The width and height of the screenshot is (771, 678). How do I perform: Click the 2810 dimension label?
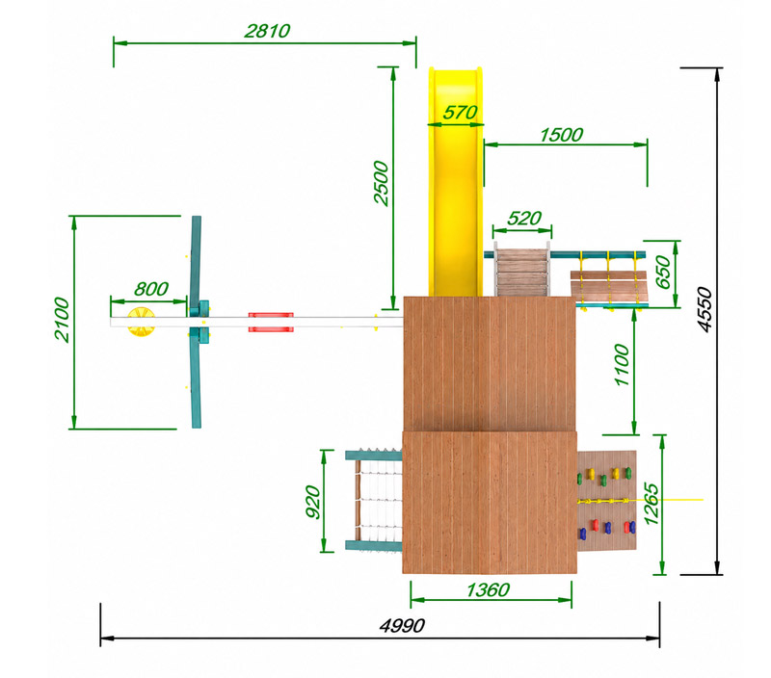(267, 31)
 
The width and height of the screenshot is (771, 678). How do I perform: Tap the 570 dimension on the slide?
(460, 113)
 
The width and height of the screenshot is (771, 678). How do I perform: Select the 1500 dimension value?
(561, 135)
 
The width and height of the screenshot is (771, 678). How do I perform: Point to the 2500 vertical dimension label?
(381, 183)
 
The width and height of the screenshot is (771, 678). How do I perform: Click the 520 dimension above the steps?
(524, 219)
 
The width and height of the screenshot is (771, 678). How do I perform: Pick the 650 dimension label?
(663, 273)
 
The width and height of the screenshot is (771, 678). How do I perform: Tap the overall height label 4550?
(705, 309)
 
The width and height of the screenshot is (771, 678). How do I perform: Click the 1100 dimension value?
(622, 365)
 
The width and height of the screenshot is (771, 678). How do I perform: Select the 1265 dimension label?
(651, 504)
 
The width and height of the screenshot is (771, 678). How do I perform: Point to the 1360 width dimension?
(488, 589)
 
